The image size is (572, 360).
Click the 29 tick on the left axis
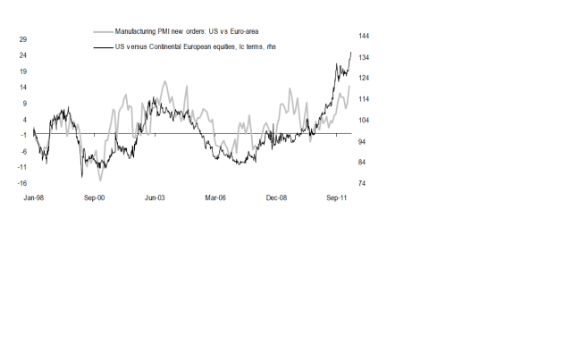coord(23,39)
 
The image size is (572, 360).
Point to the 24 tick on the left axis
coord(23,55)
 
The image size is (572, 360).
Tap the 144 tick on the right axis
coord(365,36)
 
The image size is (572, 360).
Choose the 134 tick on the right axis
coord(365,57)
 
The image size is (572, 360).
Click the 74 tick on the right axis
coord(363,183)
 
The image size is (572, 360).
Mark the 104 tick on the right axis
coord(365,120)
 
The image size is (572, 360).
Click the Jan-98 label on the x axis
coord(33,199)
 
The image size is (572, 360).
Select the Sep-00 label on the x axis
coord(95,199)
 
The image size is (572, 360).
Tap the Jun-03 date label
coord(156,199)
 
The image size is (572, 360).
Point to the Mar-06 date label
coord(216,199)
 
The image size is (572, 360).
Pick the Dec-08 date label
coord(278,199)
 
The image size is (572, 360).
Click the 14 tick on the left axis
coord(23,88)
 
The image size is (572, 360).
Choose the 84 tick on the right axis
coord(363,162)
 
